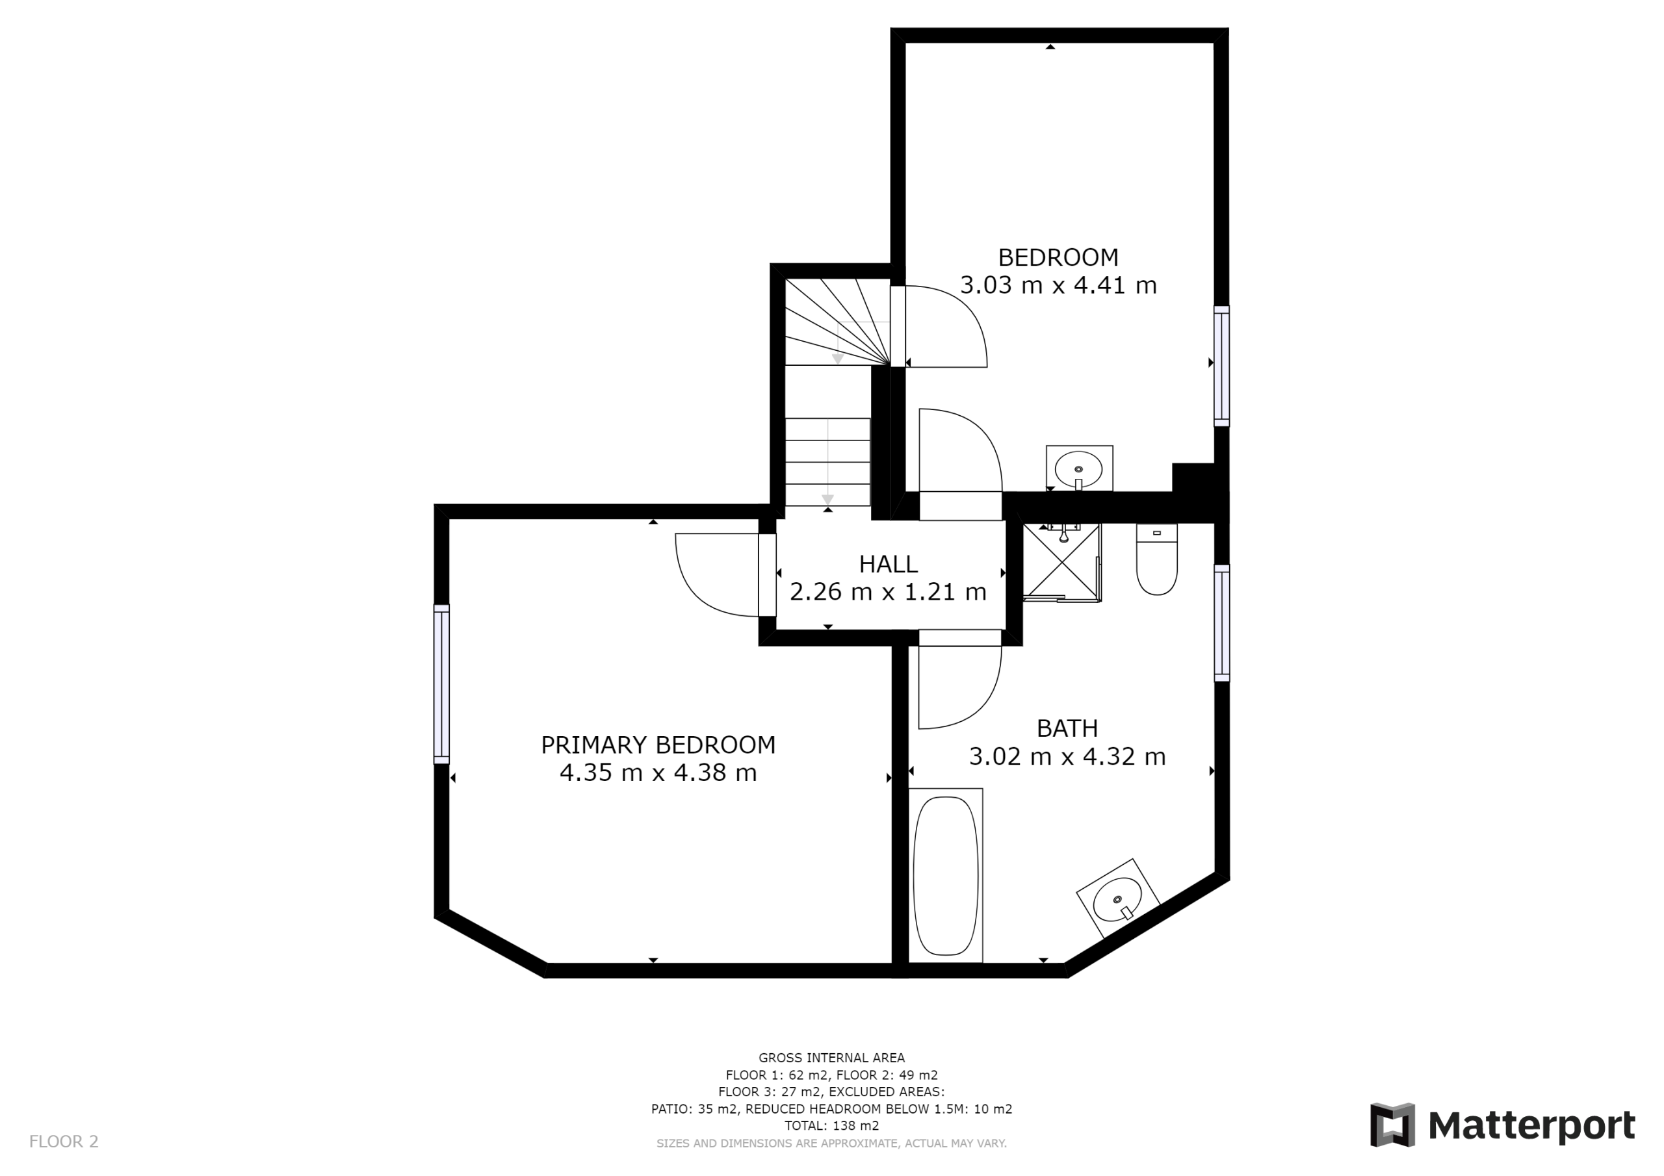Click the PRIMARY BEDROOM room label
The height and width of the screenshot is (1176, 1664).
(x=658, y=745)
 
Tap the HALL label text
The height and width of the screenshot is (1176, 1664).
(x=888, y=564)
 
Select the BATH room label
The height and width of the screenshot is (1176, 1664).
(x=1067, y=728)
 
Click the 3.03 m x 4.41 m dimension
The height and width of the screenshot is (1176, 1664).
(x=1058, y=285)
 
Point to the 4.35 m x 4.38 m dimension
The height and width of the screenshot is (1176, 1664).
(x=658, y=773)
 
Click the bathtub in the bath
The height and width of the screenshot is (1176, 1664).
(x=946, y=875)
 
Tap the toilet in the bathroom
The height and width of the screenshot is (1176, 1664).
(x=1157, y=559)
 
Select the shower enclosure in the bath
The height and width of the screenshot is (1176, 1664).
(x=1061, y=562)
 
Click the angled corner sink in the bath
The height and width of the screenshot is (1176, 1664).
(x=1118, y=899)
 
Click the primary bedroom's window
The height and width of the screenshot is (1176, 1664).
(x=441, y=684)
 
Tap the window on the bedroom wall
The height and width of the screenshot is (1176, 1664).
(x=1222, y=366)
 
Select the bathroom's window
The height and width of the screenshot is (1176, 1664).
(x=1222, y=623)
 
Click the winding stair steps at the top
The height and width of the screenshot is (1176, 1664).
(x=838, y=322)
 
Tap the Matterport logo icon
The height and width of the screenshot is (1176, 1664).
(x=1392, y=1125)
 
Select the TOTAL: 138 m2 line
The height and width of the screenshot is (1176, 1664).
(x=831, y=1125)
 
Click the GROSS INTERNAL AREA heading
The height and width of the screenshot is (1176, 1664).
(x=831, y=1058)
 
